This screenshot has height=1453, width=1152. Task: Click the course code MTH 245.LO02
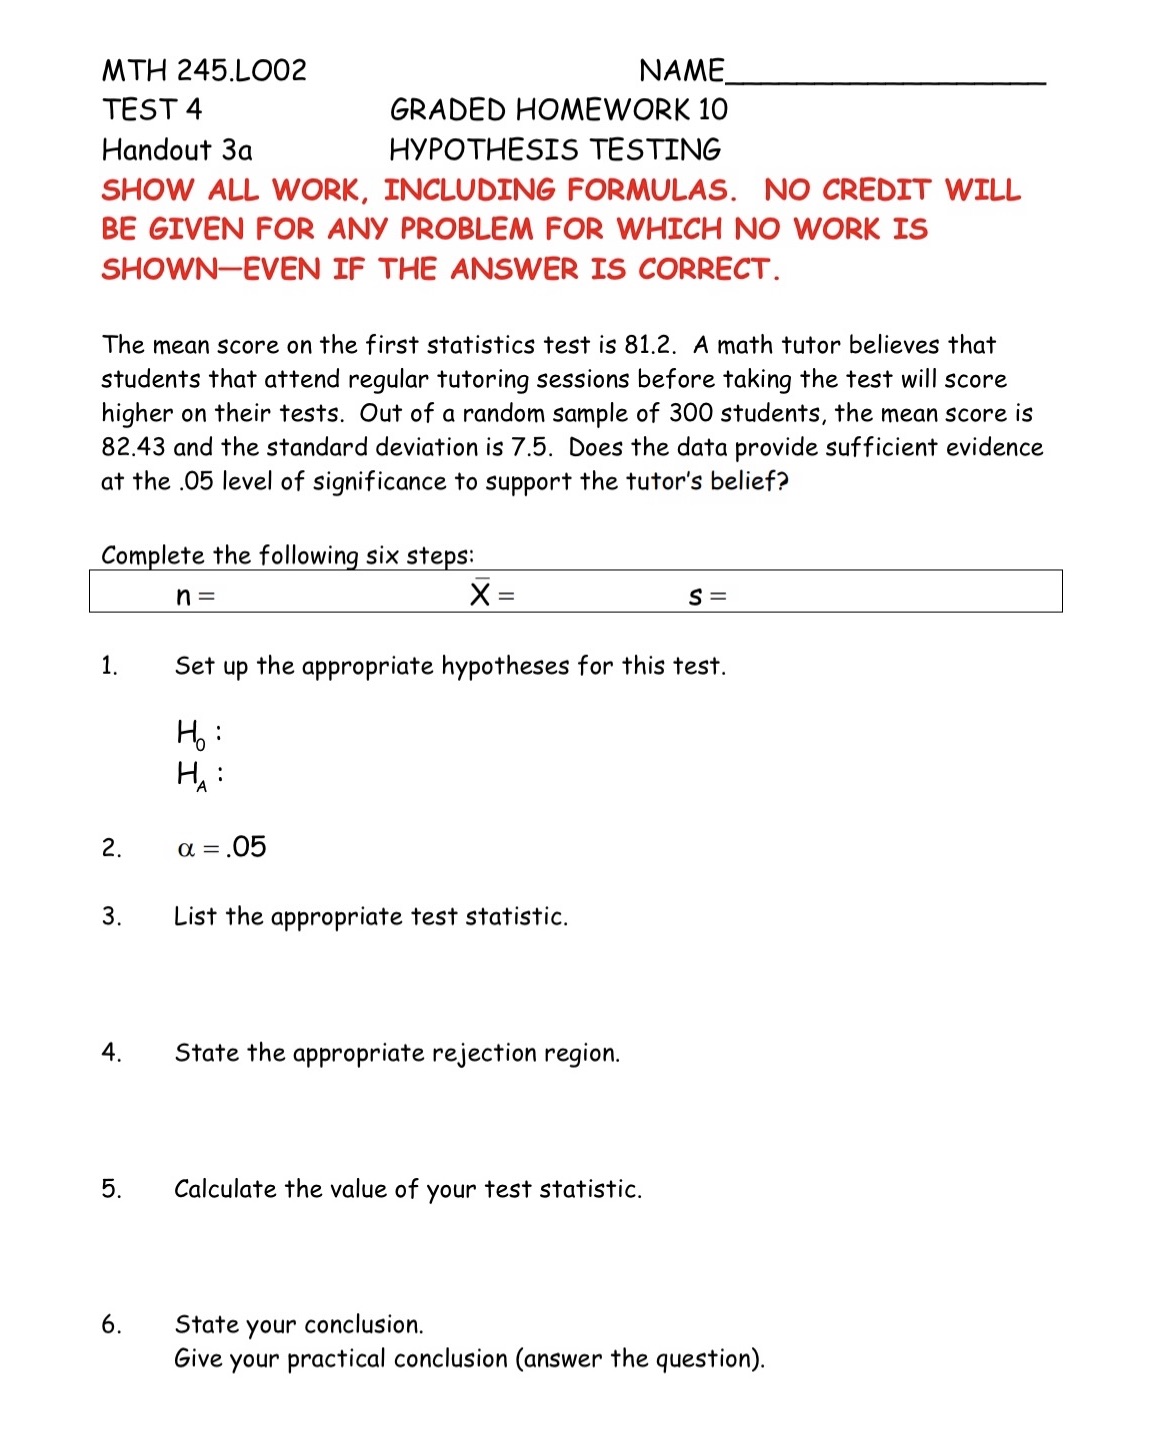(204, 70)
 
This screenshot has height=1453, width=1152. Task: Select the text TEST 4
(152, 109)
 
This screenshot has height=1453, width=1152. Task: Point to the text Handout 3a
(177, 150)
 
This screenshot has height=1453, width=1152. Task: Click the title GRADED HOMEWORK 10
(558, 109)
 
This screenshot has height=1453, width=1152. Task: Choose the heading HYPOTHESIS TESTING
(555, 150)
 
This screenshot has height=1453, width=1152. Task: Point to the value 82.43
(134, 447)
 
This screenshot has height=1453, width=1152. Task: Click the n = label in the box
(195, 597)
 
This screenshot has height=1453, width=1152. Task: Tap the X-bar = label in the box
(492, 595)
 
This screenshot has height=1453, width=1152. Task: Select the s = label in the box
(707, 597)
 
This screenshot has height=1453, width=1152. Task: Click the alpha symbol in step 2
(185, 849)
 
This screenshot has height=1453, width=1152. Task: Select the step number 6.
(111, 1325)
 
